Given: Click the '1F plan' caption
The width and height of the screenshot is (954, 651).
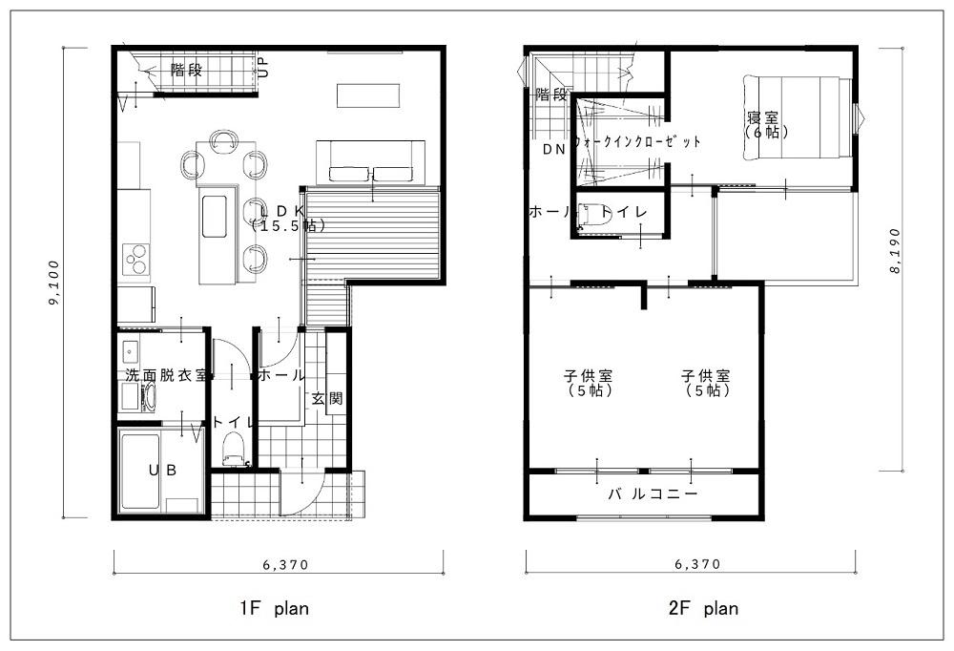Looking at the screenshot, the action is (275, 608).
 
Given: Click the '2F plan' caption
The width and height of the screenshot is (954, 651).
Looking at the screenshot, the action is (703, 608).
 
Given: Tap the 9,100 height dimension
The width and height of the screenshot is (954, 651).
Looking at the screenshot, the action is (54, 283).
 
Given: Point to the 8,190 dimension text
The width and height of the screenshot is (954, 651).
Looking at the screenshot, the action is (895, 250).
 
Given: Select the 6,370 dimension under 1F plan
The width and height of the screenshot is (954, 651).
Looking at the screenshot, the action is (286, 565).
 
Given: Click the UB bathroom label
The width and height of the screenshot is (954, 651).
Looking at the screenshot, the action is (163, 471).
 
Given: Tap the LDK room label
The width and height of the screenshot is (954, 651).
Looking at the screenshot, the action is (281, 209).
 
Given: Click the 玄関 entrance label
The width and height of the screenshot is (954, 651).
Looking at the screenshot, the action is (327, 399).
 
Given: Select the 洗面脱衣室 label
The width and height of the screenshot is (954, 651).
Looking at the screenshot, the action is (165, 375).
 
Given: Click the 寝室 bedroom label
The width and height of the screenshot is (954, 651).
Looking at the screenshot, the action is (763, 116).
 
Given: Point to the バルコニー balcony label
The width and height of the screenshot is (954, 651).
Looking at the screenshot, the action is (653, 493).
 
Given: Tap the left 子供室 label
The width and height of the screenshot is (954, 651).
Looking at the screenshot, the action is (588, 376).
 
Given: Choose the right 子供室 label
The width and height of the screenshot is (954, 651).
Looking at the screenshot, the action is (706, 376).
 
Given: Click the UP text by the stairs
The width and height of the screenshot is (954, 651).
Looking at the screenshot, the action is (263, 67).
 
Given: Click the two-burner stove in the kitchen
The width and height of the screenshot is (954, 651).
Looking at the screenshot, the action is (136, 260).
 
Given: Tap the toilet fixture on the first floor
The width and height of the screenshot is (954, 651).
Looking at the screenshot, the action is (233, 448).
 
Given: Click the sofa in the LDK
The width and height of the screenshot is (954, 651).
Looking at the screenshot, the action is (370, 162).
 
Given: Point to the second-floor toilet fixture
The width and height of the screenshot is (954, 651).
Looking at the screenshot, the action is (593, 216).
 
